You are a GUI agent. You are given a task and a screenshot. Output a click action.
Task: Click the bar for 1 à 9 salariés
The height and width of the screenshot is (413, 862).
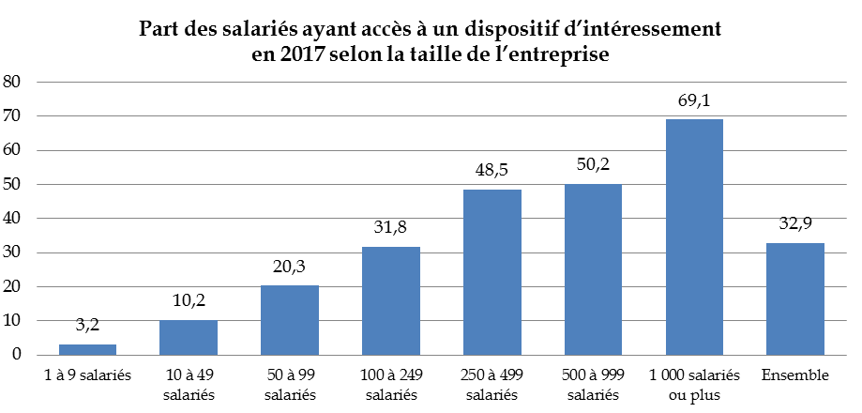point(87,350)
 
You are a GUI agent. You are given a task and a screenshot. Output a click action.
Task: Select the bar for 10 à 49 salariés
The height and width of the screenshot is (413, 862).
point(188,338)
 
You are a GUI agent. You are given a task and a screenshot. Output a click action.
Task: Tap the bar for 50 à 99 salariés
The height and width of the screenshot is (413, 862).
point(289,320)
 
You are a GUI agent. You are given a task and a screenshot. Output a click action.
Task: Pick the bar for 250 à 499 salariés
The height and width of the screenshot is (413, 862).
point(491,272)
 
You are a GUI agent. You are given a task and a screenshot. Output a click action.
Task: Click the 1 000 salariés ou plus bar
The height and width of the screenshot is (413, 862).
point(694,237)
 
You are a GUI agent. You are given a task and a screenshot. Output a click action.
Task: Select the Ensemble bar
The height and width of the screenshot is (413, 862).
point(795,298)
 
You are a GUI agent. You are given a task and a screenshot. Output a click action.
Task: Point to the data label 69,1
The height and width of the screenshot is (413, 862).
point(694,100)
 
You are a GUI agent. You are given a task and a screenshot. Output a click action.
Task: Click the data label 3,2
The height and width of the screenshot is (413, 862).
point(87,326)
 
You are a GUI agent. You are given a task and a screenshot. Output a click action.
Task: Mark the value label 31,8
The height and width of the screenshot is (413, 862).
point(390,228)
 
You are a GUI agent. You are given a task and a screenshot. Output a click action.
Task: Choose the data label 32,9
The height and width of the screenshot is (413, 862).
point(795,224)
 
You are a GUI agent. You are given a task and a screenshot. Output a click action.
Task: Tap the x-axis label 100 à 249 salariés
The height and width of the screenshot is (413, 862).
point(390,384)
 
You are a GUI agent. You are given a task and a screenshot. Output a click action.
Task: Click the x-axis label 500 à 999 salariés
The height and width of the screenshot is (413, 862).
point(593,384)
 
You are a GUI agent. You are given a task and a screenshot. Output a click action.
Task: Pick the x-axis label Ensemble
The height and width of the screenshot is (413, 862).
point(795,375)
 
